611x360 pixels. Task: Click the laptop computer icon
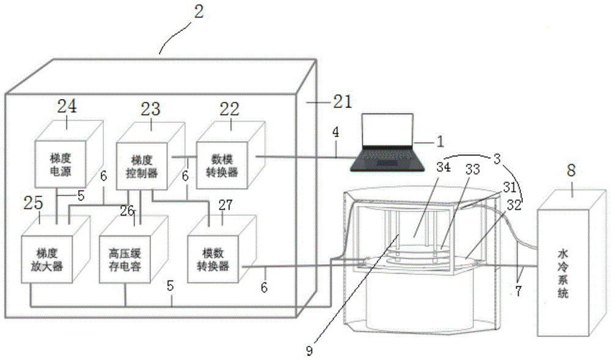pos(385,144)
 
